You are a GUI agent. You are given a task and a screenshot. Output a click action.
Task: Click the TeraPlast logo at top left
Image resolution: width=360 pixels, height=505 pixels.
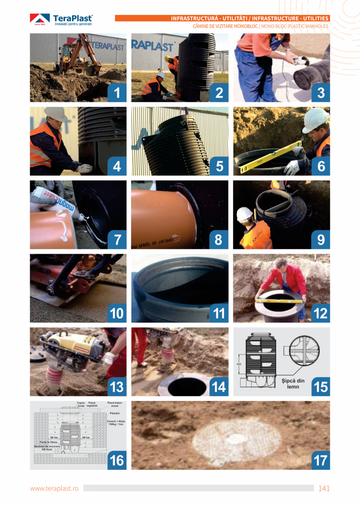(x=61, y=20)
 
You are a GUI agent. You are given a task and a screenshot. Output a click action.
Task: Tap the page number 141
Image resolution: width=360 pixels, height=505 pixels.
(x=324, y=488)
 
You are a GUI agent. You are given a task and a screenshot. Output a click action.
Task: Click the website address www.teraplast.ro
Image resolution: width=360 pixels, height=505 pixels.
(x=54, y=489)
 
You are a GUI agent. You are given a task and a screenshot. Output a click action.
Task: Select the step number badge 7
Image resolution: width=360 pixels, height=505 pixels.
(x=117, y=240)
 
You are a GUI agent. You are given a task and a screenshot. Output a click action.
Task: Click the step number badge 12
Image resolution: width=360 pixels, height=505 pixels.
(x=320, y=313)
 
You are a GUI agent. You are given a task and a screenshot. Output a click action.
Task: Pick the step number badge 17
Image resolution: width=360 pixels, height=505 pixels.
(x=320, y=460)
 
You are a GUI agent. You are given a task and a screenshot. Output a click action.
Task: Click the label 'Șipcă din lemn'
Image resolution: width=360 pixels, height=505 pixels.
(x=293, y=384)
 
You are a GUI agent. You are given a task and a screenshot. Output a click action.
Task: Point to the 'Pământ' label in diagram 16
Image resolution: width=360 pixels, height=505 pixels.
(x=115, y=413)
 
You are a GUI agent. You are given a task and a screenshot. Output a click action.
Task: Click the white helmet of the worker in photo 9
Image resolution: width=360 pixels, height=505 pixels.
(x=245, y=214)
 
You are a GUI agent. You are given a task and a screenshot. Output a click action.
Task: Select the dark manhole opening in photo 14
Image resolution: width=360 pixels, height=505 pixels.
(x=187, y=386)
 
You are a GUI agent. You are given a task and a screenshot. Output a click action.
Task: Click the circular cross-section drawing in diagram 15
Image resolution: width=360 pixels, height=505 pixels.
(x=304, y=350)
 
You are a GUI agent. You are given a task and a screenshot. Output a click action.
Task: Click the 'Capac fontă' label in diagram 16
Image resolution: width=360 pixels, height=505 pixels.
(x=81, y=404)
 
